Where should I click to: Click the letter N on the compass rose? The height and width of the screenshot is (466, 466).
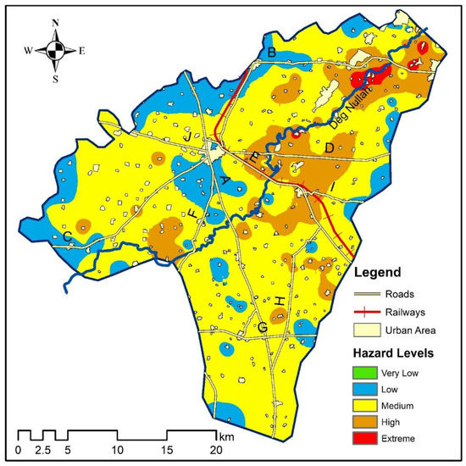click(x=55, y=23)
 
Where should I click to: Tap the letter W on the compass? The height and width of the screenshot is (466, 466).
click(x=29, y=51)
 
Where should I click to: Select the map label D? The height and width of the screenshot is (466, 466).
click(x=329, y=149)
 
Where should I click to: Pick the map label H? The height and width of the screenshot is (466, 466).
click(x=279, y=302)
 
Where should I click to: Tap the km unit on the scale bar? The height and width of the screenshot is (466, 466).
click(x=225, y=436)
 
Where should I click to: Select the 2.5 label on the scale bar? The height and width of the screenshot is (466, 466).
click(x=43, y=449)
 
